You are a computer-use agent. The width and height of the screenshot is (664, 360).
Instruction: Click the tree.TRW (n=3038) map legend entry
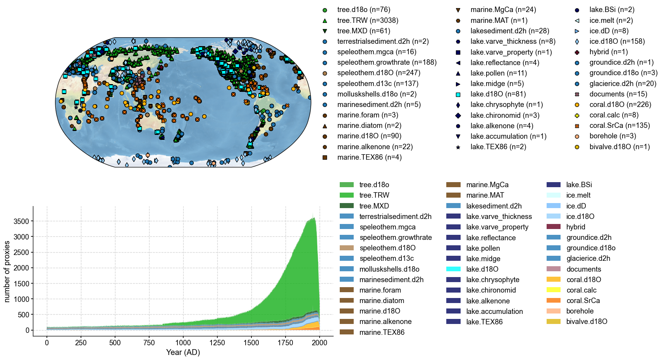tap(368, 20)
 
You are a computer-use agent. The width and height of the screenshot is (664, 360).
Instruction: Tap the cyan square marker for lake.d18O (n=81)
tap(458, 94)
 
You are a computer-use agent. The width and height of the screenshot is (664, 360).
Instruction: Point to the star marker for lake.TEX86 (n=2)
tap(458, 147)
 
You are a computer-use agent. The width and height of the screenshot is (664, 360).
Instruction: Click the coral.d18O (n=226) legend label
tap(620, 105)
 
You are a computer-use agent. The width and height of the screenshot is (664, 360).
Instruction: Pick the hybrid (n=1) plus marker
tap(577, 52)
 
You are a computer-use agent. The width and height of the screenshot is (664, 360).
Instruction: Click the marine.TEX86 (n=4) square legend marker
tap(325, 157)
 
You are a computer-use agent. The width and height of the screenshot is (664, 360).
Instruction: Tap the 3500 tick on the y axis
tap(21, 221)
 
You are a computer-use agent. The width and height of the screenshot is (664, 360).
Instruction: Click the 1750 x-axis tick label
tap(286, 342)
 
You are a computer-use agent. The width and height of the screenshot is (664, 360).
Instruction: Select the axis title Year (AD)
tap(183, 352)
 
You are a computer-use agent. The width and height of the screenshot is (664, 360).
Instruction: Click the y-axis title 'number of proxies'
tap(7, 271)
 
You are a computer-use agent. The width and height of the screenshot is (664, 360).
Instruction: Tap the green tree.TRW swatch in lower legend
tap(347, 195)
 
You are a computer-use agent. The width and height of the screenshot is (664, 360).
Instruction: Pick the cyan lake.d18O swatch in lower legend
tap(453, 269)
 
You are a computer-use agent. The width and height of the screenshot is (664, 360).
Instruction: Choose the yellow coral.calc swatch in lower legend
tap(554, 290)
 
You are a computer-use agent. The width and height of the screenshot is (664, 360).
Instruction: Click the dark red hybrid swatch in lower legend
tap(554, 227)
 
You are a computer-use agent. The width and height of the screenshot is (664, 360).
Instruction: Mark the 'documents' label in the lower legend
tap(583, 269)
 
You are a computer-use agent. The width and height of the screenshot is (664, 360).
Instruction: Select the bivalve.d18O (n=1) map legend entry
tap(619, 147)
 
